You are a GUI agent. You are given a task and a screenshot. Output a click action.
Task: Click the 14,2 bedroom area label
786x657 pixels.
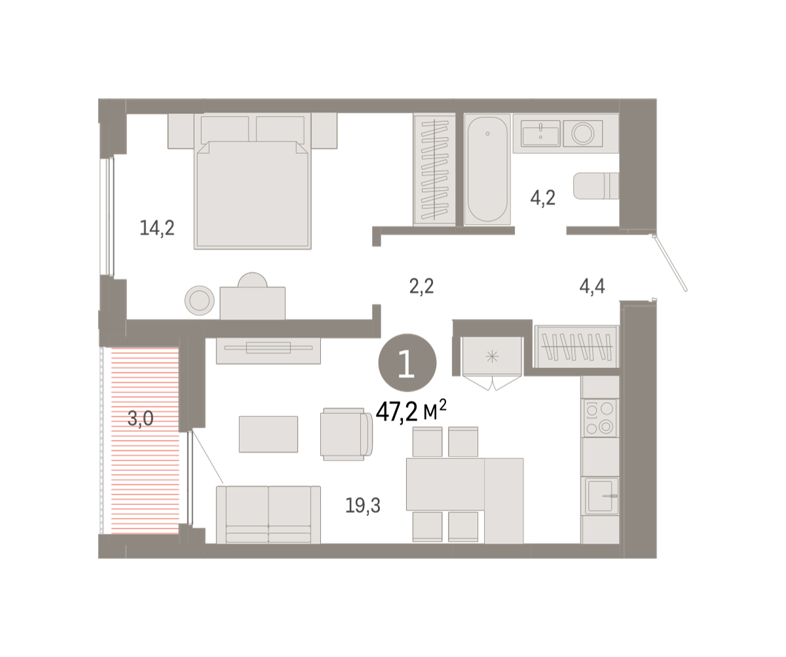[x=157, y=228]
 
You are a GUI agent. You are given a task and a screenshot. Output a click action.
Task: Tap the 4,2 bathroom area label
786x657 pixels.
[x=543, y=197]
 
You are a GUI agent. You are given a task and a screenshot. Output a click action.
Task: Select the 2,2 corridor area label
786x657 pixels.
[x=422, y=286]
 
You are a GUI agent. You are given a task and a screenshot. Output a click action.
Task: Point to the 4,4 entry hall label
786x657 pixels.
[x=592, y=286]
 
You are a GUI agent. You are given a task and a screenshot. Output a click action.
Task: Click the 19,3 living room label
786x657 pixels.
[x=363, y=506]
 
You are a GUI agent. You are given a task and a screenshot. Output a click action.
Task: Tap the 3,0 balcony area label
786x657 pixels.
[x=140, y=418]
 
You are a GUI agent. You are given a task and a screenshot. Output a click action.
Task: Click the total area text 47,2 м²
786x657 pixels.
[x=411, y=411]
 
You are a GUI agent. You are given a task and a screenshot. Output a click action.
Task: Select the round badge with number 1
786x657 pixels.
[x=407, y=363]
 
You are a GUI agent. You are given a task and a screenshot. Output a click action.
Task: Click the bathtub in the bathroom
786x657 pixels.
[x=487, y=169]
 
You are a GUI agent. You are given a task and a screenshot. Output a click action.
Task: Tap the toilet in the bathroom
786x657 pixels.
[x=596, y=186]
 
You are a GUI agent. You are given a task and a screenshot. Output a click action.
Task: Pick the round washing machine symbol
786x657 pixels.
[x=583, y=134]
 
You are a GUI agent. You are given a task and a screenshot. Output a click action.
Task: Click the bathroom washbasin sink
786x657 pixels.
[x=540, y=134]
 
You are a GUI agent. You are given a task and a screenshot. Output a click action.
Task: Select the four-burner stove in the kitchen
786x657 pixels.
[x=600, y=418]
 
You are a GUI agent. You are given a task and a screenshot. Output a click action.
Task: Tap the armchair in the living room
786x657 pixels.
[x=346, y=434]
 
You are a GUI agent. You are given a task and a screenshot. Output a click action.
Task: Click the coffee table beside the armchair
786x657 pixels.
[x=269, y=434]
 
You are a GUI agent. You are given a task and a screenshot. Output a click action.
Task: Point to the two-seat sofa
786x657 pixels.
[x=269, y=515]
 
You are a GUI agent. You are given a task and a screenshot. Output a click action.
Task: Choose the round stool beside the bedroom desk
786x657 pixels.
[x=200, y=300]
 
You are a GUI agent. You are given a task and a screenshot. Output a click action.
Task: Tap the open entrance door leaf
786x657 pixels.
[x=669, y=263]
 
